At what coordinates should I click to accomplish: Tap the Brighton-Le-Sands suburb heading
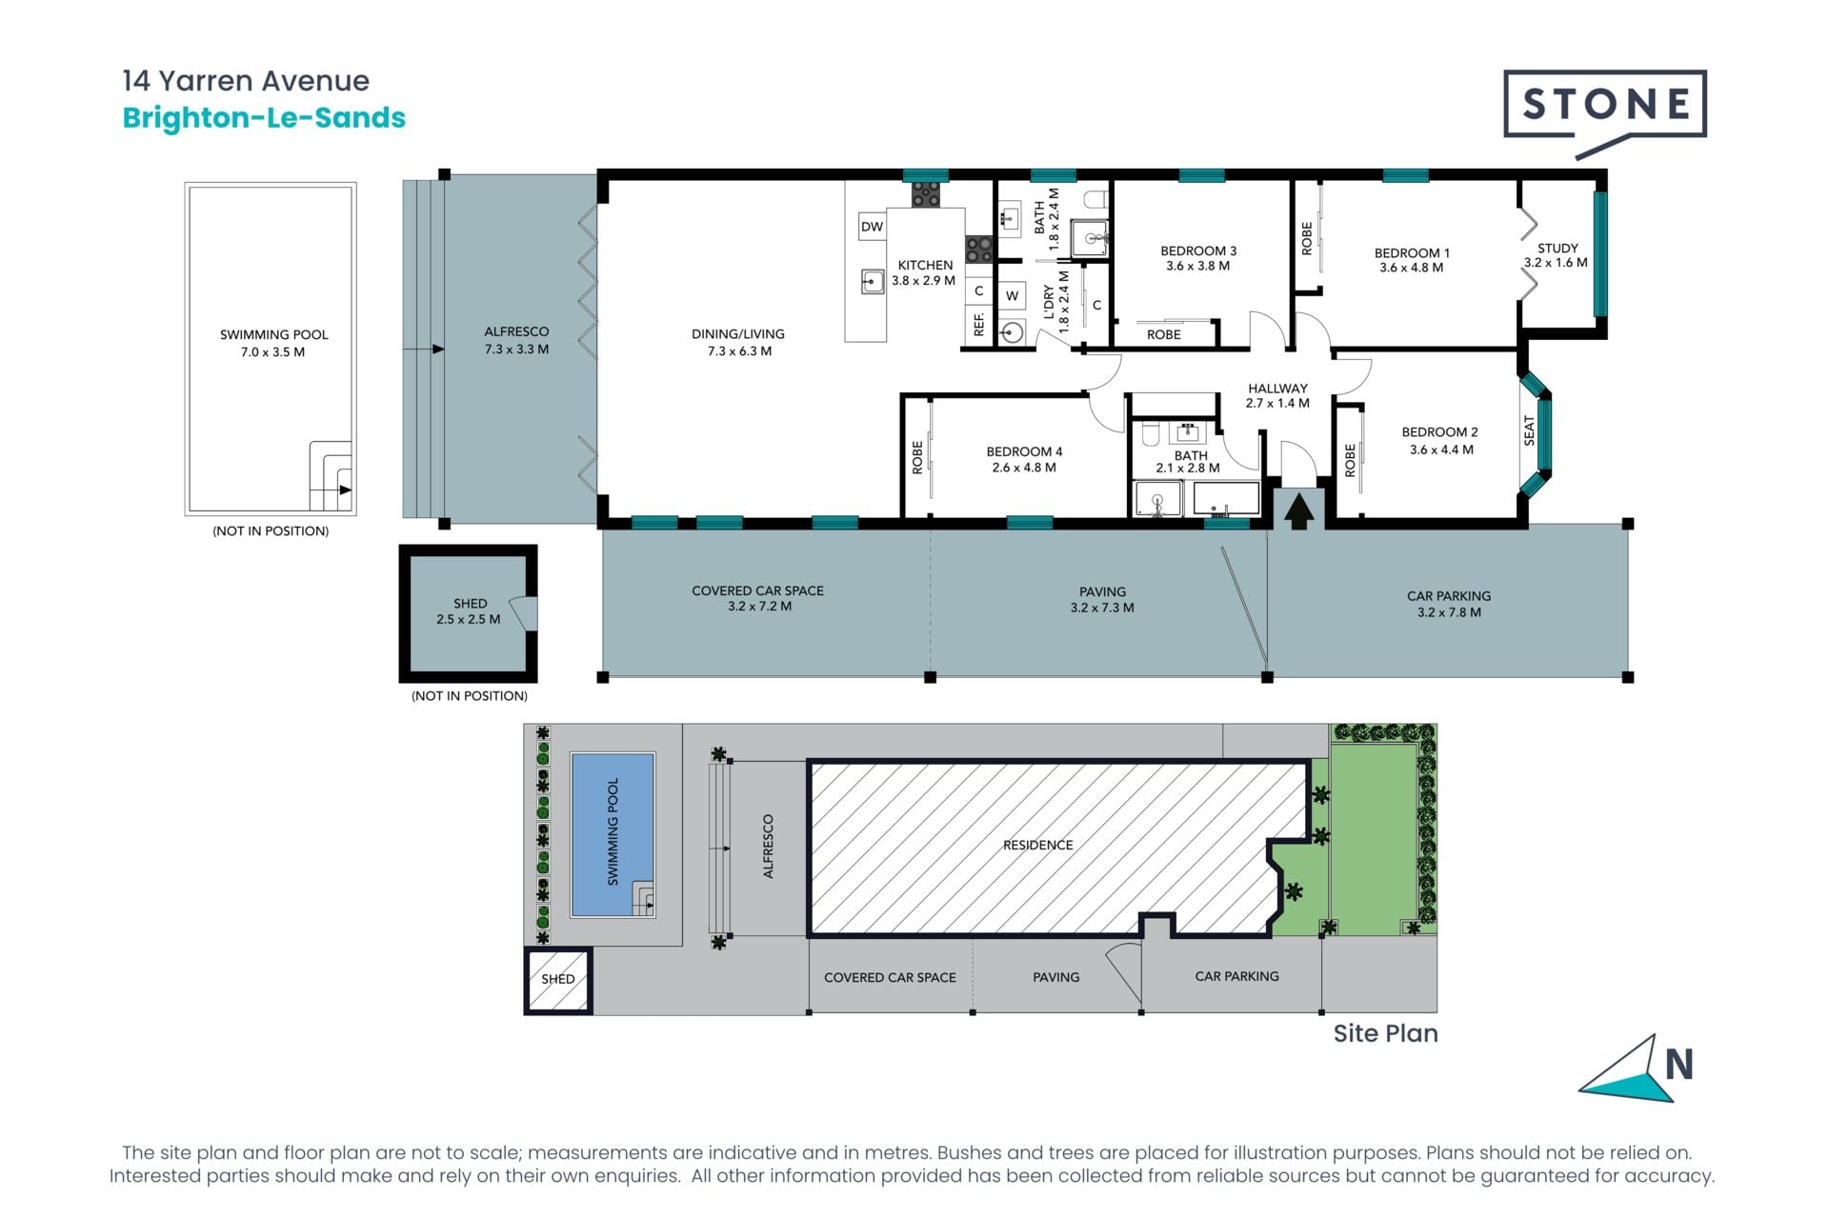pyautogui.click(x=264, y=118)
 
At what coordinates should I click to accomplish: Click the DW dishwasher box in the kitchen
pyautogui.click(x=872, y=227)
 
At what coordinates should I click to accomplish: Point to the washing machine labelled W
pyautogui.click(x=1012, y=295)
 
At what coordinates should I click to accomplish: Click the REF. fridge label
pyautogui.click(x=978, y=324)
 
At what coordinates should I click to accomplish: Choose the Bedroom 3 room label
pyautogui.click(x=1198, y=251)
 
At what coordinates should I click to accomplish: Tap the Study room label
pyautogui.click(x=1558, y=248)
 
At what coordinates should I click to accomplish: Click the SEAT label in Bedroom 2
pyautogui.click(x=1530, y=430)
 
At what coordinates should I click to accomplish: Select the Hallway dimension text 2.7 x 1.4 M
pyautogui.click(x=1277, y=404)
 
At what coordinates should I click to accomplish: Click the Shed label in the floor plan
pyautogui.click(x=470, y=604)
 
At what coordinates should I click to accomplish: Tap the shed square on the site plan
pyautogui.click(x=558, y=980)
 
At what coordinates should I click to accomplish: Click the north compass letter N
pyautogui.click(x=1678, y=1065)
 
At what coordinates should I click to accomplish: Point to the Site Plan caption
pyautogui.click(x=1385, y=1034)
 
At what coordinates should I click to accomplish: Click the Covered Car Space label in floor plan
pyautogui.click(x=758, y=590)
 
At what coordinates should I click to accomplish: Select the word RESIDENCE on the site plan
pyautogui.click(x=1037, y=845)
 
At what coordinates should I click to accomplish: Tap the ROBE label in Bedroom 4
pyautogui.click(x=917, y=457)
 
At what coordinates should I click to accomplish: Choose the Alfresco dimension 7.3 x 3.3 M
pyautogui.click(x=516, y=350)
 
